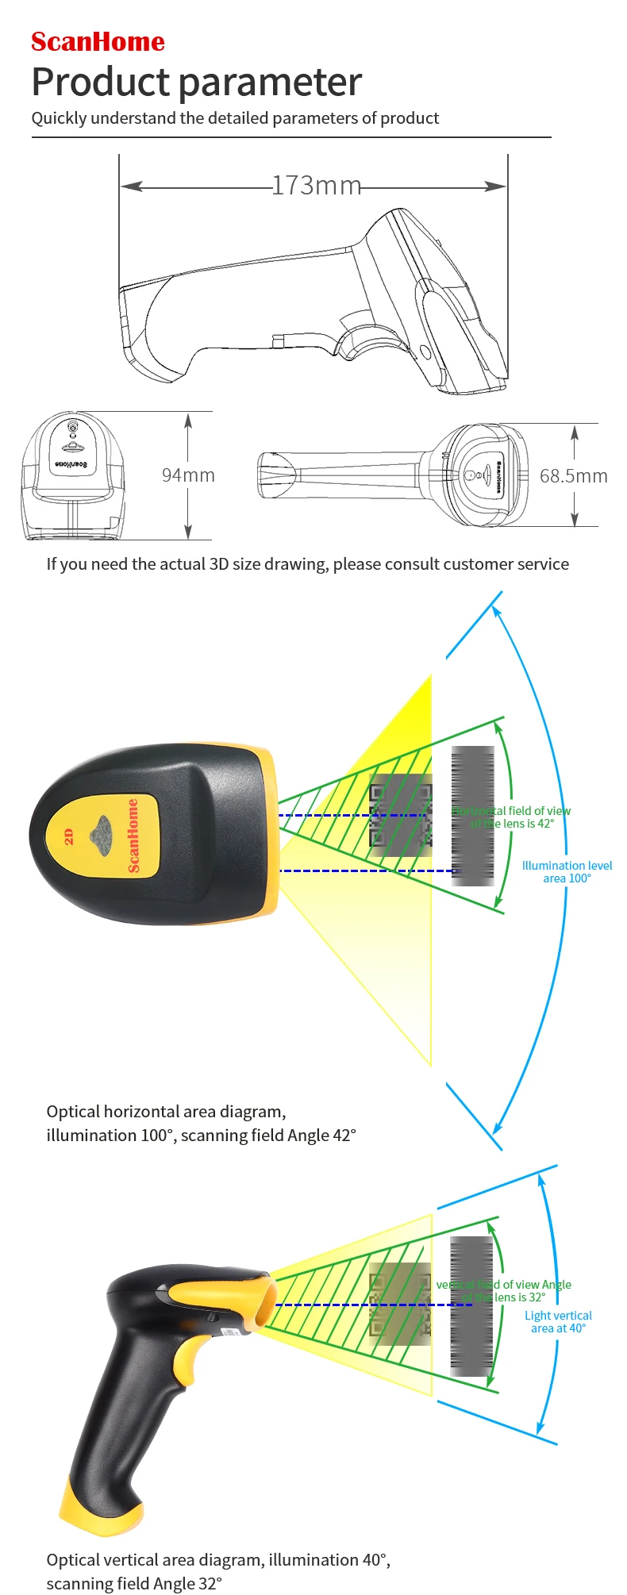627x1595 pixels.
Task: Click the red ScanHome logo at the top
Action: click(x=98, y=41)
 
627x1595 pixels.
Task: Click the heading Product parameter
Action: click(x=196, y=82)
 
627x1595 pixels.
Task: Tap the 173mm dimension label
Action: click(x=316, y=186)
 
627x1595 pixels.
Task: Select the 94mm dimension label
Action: click(x=188, y=475)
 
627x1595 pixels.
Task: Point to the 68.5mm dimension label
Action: click(x=573, y=476)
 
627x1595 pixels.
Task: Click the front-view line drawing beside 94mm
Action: click(x=73, y=476)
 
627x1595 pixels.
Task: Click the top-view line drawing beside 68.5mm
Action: click(x=393, y=475)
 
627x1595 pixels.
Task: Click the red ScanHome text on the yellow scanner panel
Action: click(x=133, y=835)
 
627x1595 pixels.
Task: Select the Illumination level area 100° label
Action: click(x=567, y=871)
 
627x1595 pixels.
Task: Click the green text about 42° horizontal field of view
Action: click(x=513, y=817)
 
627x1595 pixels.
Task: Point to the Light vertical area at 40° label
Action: click(x=558, y=1321)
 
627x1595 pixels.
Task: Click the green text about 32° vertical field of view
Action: click(x=505, y=1290)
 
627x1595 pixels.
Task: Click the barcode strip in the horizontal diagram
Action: click(x=473, y=815)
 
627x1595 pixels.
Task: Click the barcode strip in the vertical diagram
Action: click(x=471, y=1305)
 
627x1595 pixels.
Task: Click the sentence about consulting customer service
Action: click(x=307, y=564)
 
